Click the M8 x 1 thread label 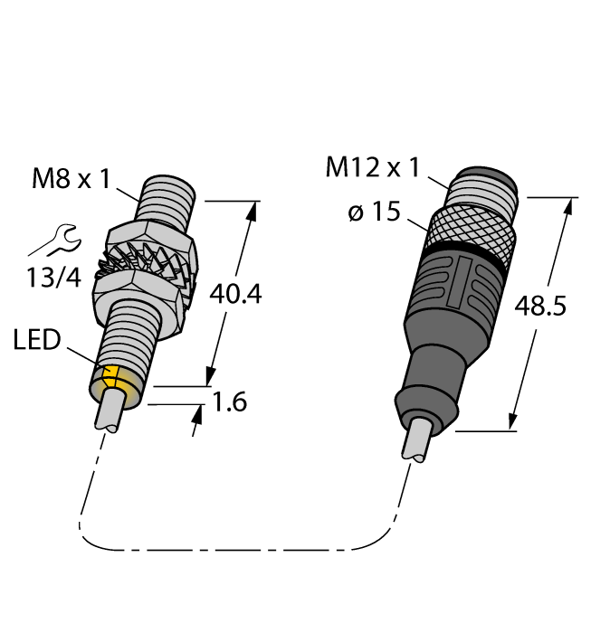pyautogui.click(x=71, y=178)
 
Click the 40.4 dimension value pyautogui.click(x=234, y=293)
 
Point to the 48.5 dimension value pyautogui.click(x=539, y=307)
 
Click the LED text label pyautogui.click(x=37, y=341)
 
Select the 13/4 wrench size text pyautogui.click(x=52, y=278)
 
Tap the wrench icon pyautogui.click(x=51, y=241)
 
